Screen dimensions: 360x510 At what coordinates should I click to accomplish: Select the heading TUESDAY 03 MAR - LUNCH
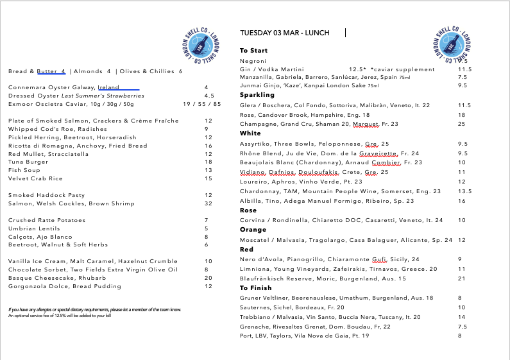pos(284,33)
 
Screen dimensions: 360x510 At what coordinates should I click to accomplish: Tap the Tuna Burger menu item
pos(28,162)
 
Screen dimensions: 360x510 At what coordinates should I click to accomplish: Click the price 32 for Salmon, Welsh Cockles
pos(208,203)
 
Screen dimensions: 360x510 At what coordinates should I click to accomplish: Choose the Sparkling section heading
pos(257,95)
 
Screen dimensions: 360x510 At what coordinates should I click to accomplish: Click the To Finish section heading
pos(256,288)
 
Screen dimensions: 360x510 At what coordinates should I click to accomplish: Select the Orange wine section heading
pos(253,230)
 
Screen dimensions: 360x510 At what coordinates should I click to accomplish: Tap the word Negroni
pos(253,61)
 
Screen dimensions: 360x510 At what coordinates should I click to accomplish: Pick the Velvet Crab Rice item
pos(35,178)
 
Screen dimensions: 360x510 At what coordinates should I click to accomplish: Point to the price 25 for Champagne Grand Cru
pos(462,124)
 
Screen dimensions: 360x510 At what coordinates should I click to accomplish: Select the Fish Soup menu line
pos(24,170)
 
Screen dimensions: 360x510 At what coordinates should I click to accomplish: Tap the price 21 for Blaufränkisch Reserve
pos(462,279)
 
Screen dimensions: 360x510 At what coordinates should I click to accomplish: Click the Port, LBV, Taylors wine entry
pos(304,335)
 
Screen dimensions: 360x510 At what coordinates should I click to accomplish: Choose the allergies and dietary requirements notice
pos(94,309)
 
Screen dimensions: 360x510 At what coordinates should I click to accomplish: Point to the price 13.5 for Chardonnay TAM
pos(464,191)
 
